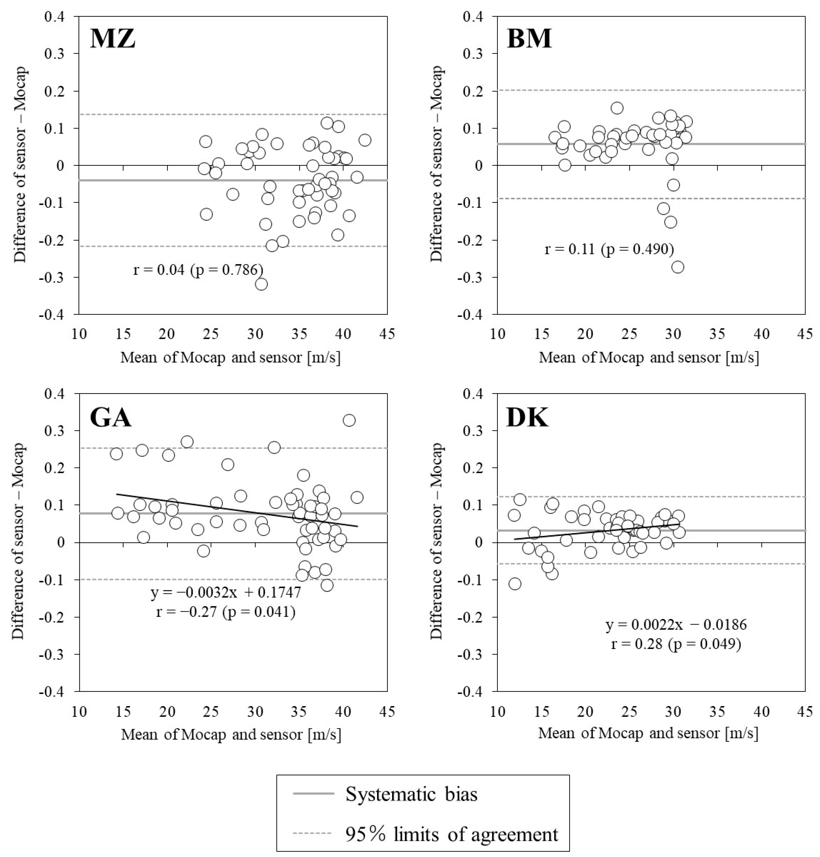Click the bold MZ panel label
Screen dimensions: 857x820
[113, 38]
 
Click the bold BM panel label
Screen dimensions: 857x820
[529, 38]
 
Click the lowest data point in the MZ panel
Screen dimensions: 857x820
[261, 284]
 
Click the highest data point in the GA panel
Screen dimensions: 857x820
[349, 420]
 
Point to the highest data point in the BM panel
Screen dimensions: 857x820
[617, 108]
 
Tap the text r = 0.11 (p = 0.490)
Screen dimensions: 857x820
[609, 249]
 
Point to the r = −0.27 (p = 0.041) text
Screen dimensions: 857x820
[225, 612]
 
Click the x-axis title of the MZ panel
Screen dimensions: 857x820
[230, 357]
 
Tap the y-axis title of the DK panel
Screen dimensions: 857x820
[437, 542]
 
